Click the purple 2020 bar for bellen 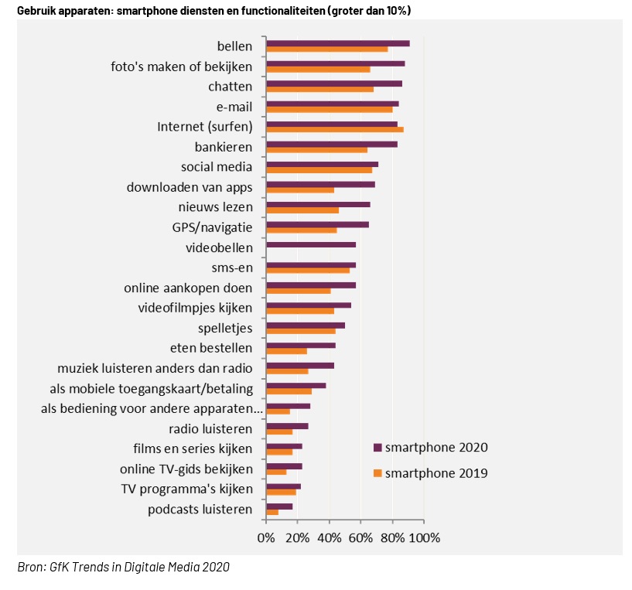pos(337,43)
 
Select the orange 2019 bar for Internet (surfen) pos(334,130)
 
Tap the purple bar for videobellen pos(310,244)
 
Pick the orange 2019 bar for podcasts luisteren pos(272,512)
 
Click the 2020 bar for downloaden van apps pos(320,184)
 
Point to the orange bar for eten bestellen pos(286,351)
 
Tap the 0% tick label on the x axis pos(266,537)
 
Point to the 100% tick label pos(424,537)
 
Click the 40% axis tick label pos(330,537)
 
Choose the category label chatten pos(230,86)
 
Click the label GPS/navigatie pos(212,227)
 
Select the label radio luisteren pos(210,428)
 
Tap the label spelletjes pos(225,328)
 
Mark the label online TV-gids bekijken pos(186,469)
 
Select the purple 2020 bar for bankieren pos(331,144)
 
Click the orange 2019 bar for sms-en pos(308,271)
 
